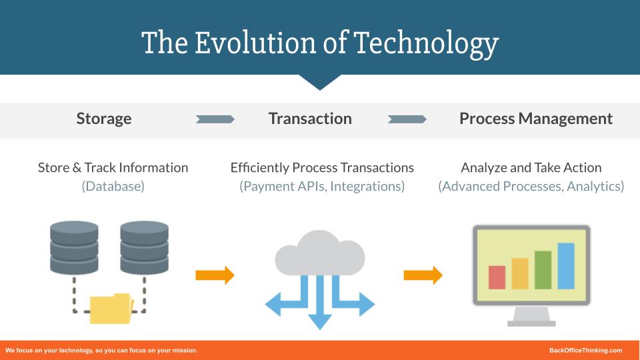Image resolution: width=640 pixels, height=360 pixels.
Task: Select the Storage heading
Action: coord(104,119)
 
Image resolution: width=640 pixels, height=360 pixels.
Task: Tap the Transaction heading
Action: coord(310,119)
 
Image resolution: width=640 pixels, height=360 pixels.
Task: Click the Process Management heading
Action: coord(536,119)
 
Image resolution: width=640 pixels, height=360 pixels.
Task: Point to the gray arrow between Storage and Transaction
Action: coord(215,119)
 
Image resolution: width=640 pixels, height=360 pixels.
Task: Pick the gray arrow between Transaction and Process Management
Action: coord(407,119)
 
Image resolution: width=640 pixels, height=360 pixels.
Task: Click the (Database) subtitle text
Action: coord(113,187)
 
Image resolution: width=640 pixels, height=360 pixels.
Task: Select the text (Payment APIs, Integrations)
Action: coord(322,187)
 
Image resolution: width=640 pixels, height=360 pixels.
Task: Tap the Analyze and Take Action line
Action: coord(531,168)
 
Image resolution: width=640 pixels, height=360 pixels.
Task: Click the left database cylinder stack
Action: coord(74,247)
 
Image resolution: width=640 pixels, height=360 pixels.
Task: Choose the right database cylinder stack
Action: coord(144,247)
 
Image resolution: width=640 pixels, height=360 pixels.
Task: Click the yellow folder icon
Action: coord(111,308)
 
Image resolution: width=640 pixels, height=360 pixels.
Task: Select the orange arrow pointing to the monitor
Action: coord(423,275)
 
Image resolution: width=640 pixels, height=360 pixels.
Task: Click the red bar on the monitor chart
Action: coord(497,277)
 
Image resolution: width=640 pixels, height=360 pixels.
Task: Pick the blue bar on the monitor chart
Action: coord(566,266)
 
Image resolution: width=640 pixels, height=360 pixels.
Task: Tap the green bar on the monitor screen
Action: coord(543,270)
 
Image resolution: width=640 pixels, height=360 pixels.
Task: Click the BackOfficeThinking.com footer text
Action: coord(585,351)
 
